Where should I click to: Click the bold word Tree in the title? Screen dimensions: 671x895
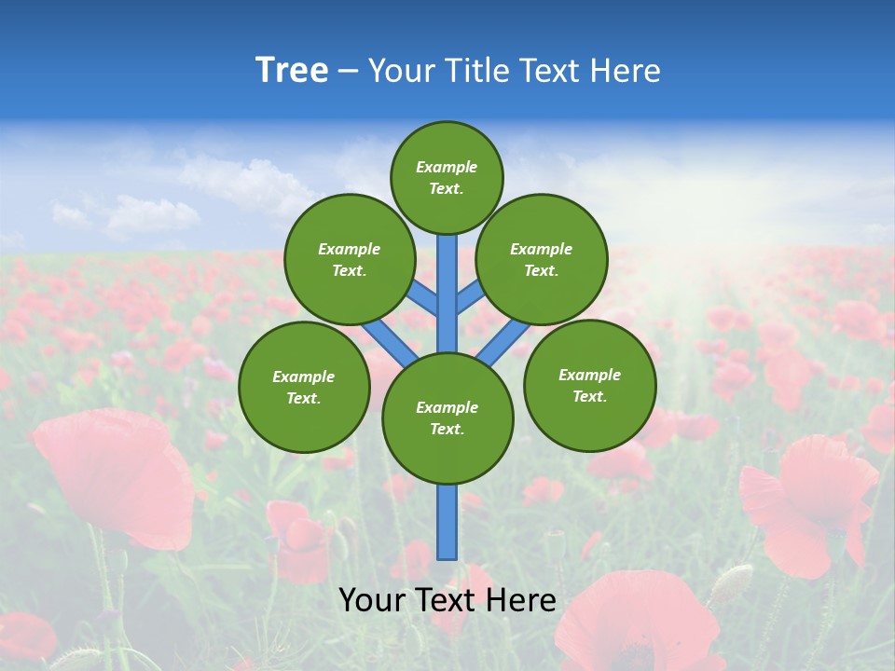(292, 71)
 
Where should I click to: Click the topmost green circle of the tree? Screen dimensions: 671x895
(447, 177)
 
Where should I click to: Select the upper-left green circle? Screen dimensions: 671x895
(350, 259)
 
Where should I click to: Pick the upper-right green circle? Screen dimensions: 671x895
(542, 259)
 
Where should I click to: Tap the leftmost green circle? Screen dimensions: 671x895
(304, 387)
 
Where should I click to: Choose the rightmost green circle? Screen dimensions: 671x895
(590, 385)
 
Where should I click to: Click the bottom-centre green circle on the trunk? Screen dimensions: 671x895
(447, 418)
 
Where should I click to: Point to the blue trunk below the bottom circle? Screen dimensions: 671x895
(447, 522)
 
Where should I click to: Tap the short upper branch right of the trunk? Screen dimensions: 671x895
(469, 297)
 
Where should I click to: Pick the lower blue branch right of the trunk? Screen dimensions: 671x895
(504, 342)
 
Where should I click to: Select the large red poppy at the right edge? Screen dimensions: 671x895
(806, 499)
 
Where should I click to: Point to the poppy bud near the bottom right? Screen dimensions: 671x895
(733, 583)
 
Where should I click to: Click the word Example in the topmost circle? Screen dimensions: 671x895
(447, 168)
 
